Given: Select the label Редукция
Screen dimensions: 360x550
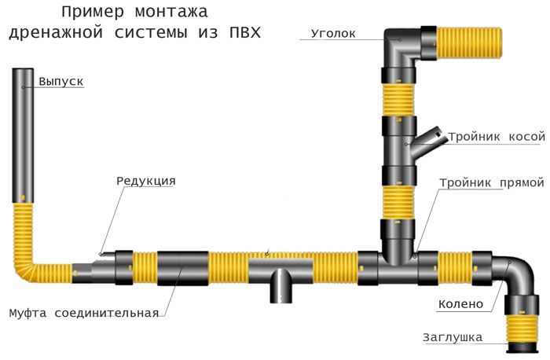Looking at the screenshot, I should [145, 181].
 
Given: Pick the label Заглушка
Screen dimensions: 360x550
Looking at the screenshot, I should [453, 338].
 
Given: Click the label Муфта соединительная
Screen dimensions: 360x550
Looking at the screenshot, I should [83, 313].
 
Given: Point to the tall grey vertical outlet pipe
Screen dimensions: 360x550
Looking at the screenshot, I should [24, 134].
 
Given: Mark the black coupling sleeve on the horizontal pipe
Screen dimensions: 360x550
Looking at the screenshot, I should [182, 270].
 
